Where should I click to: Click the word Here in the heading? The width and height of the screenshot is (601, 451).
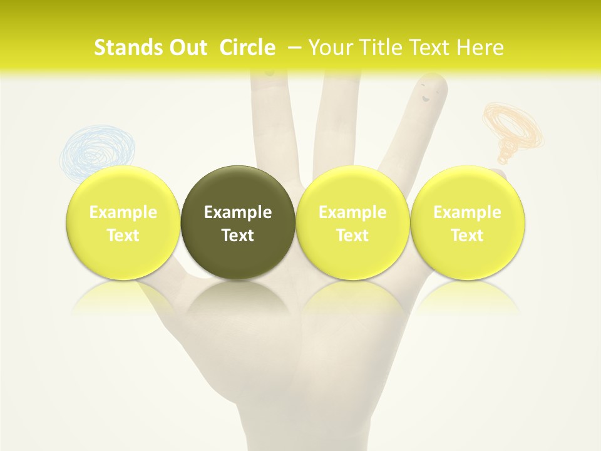[x=481, y=48]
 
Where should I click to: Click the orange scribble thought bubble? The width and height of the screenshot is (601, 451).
[x=513, y=128]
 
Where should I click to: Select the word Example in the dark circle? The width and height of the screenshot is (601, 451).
[x=238, y=212]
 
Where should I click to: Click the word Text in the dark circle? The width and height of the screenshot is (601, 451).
[x=238, y=236]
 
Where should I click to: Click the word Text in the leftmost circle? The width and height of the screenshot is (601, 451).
[x=123, y=236]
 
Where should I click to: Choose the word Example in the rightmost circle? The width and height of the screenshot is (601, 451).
[x=467, y=212]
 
